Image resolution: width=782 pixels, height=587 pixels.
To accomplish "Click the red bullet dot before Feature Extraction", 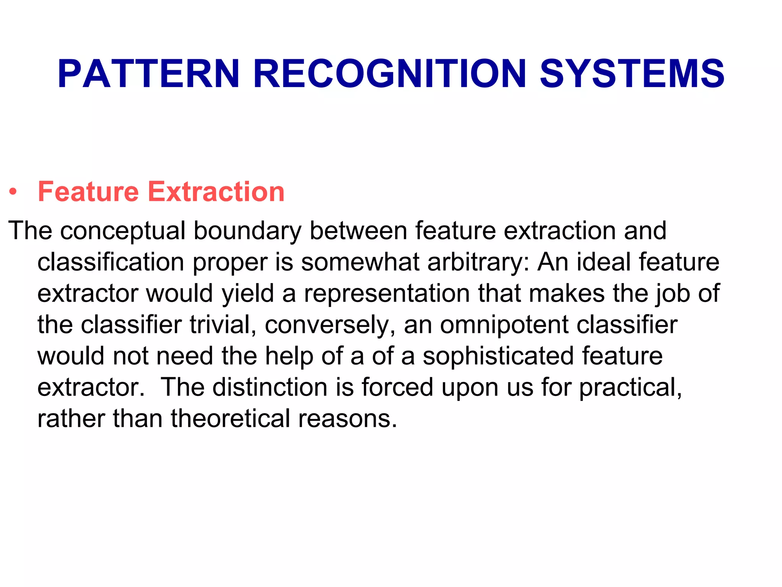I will (x=13, y=192).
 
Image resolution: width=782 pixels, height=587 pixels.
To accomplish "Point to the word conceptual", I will (x=123, y=231).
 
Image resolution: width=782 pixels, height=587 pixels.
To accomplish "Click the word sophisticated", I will (x=498, y=356).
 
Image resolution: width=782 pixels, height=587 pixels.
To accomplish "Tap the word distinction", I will (x=270, y=387).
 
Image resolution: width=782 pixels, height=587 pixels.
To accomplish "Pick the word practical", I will (x=630, y=388).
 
